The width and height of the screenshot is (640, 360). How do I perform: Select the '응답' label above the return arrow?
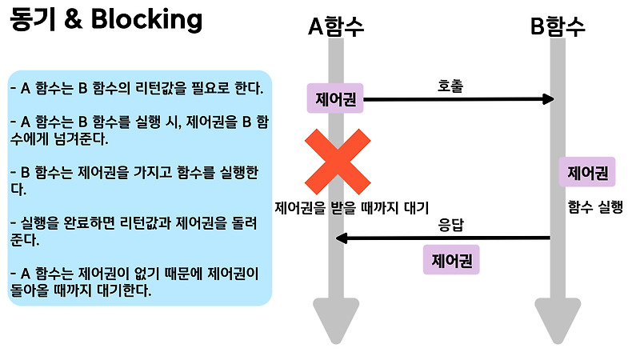[x=451, y=225]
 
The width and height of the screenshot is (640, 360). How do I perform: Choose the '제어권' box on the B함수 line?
[x=588, y=172]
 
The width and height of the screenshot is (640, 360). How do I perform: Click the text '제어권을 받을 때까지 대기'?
[x=352, y=207]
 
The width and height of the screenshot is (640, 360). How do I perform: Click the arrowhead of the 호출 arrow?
[x=549, y=99]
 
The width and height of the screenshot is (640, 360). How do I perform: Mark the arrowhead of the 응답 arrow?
[x=340, y=238]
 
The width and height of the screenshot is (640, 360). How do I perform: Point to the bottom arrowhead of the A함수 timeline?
[x=337, y=324]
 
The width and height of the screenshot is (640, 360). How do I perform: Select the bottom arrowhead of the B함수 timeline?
[x=558, y=324]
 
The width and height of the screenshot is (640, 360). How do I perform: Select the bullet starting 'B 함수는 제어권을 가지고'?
[x=134, y=181]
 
